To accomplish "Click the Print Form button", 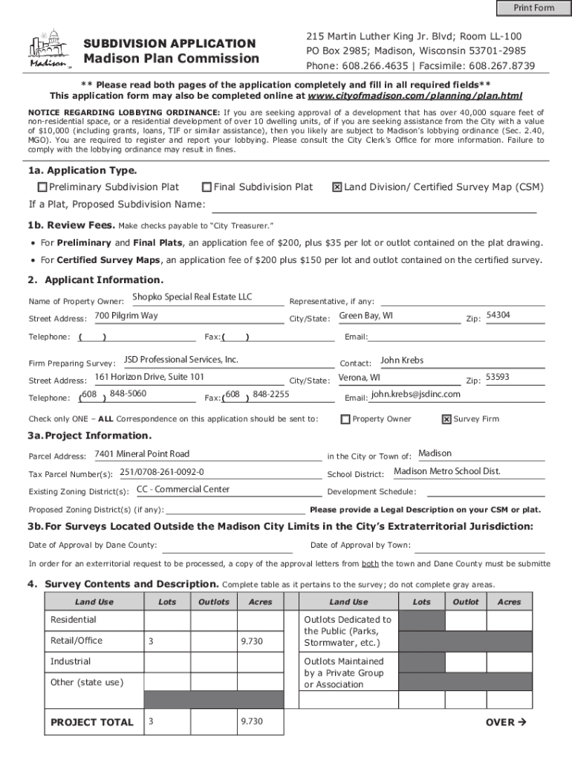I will (533, 8).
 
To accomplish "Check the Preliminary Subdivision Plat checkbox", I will (42, 187).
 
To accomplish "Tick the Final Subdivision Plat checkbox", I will (207, 187).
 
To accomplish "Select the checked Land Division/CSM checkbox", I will (337, 187).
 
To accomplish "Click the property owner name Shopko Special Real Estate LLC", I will (192, 297).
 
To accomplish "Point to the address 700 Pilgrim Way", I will (126, 316).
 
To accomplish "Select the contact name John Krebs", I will (402, 360).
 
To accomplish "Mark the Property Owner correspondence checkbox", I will (345, 419).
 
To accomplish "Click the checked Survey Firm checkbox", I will (446, 419).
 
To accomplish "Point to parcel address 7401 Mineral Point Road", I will (142, 454).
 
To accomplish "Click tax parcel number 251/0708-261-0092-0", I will (161, 472).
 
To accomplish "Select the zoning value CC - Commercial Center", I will (183, 490).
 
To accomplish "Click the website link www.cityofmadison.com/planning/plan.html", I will (415, 96).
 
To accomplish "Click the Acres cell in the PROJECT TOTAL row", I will (260, 722).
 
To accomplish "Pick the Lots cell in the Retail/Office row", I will (167, 641).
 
